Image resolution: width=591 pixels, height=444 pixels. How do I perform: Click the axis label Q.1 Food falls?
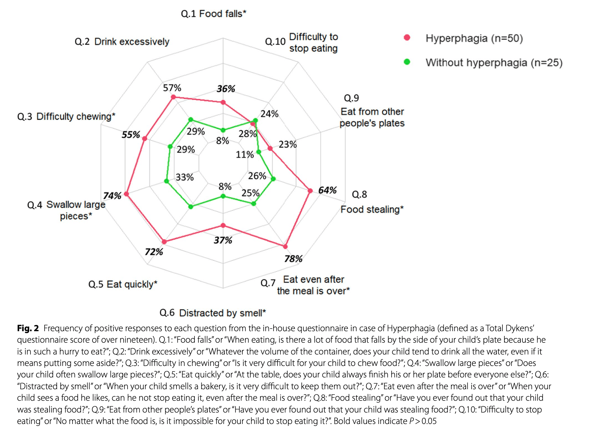[x=213, y=14]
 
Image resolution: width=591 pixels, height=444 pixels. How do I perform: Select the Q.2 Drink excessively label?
[x=122, y=42]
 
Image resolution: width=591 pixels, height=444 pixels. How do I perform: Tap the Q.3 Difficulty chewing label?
[x=66, y=116]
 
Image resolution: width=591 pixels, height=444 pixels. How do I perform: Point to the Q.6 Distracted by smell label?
[x=213, y=313]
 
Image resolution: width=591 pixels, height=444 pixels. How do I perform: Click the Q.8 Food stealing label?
[x=372, y=209]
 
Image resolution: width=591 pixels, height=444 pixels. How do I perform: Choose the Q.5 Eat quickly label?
[x=123, y=284]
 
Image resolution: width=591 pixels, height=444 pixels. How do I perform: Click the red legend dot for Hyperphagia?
[x=407, y=38]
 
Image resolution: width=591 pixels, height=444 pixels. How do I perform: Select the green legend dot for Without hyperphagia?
[x=407, y=62]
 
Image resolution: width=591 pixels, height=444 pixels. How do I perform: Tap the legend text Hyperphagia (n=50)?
[x=474, y=38]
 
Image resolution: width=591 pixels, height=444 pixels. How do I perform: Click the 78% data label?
[x=293, y=259]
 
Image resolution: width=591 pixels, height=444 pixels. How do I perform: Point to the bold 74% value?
[x=112, y=196]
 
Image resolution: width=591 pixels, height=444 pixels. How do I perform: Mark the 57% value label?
[x=172, y=88]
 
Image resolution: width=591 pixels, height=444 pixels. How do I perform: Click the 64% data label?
[x=327, y=190]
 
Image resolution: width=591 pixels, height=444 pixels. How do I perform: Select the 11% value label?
[x=245, y=154]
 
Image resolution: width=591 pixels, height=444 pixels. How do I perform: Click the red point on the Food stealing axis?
[x=310, y=191]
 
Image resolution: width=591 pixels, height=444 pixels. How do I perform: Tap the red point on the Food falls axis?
[x=223, y=102]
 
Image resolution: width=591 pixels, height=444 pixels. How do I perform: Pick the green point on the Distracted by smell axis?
[x=223, y=196]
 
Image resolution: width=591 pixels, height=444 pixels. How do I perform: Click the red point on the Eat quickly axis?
[x=164, y=242]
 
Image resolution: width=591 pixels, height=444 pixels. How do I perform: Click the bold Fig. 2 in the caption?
[x=28, y=328]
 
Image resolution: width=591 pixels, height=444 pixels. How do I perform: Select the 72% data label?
[x=154, y=252]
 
